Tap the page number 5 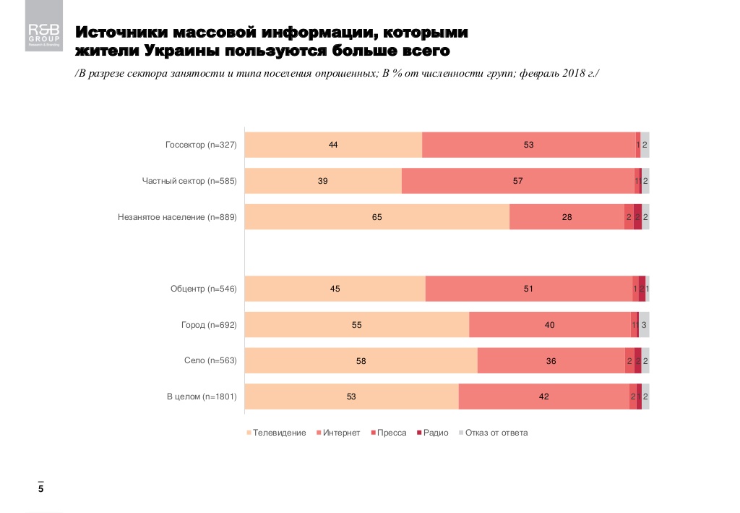tap(41, 490)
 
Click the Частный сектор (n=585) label tap(189, 181)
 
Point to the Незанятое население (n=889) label tap(177, 216)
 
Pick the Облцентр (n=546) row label tap(203, 289)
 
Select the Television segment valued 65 tap(377, 217)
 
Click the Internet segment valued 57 tap(517, 181)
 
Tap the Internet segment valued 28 tap(567, 217)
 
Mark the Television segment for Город tap(357, 325)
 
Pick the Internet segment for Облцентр tap(528, 289)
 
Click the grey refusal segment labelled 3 tap(644, 325)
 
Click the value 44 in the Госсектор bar tap(333, 145)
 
